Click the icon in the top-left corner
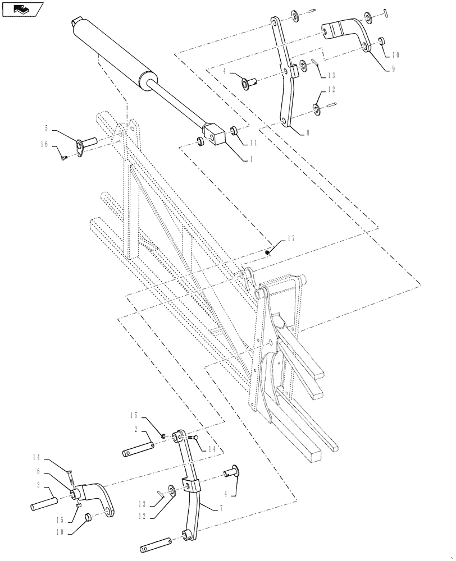pyautogui.click(x=22, y=9)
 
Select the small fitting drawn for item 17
pyautogui.click(x=269, y=251)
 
